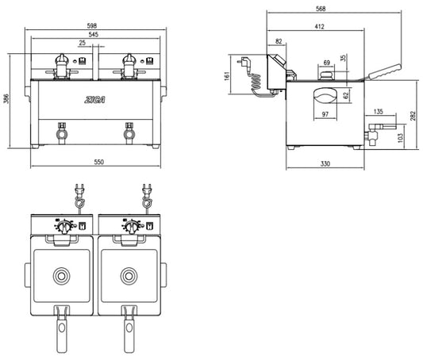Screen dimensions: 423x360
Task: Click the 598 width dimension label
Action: click(92, 26)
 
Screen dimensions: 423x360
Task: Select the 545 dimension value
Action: click(94, 34)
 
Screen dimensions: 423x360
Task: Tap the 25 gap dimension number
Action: click(83, 43)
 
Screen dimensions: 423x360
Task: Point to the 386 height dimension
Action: click(6, 98)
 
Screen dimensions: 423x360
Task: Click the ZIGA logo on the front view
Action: click(94, 100)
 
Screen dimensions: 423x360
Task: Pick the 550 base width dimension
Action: click(98, 162)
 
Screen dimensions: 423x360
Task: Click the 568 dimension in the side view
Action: click(321, 9)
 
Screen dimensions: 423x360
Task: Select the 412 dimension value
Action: click(319, 27)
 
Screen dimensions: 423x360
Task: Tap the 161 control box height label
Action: click(227, 76)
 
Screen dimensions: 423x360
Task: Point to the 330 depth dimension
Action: click(325, 163)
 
